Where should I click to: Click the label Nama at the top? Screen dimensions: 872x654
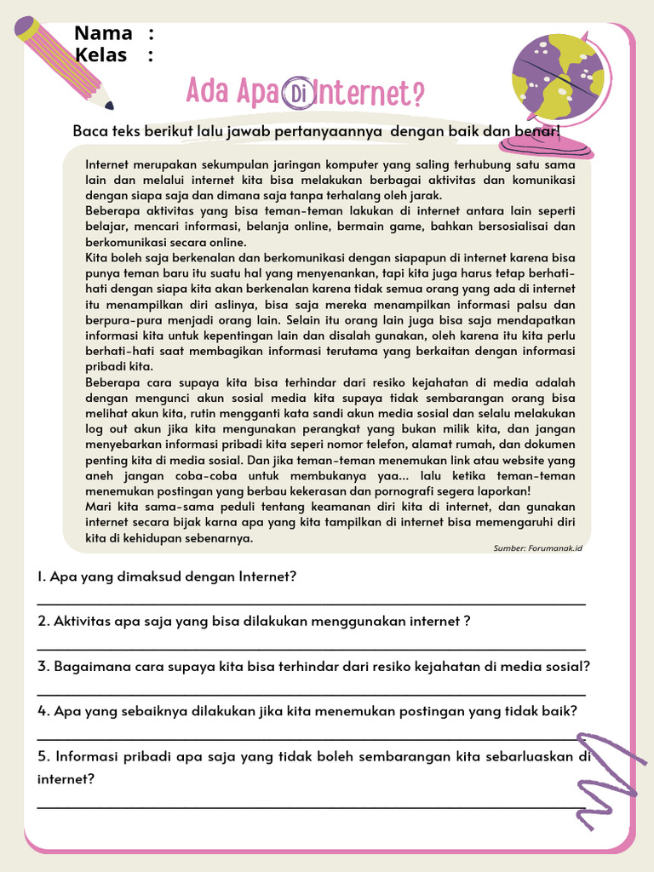103,33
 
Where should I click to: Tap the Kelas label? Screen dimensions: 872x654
100,55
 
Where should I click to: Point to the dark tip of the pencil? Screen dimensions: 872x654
109,105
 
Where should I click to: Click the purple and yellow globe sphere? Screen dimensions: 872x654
558,77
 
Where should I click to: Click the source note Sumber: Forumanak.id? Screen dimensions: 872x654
537,548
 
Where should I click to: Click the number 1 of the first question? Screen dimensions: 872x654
41,577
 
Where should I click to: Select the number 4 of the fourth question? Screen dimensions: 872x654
42,710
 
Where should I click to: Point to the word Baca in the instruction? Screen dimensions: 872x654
89,131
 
